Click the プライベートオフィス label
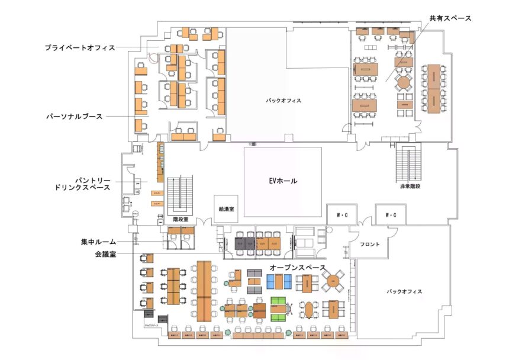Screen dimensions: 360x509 click(80, 48)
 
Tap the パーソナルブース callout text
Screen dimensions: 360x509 click(75, 117)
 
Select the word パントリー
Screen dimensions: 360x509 click(91, 179)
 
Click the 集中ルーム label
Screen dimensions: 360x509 click(98, 242)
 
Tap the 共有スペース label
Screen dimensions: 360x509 click(451, 18)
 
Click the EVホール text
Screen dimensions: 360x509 click(283, 181)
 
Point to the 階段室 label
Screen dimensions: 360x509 click(181, 219)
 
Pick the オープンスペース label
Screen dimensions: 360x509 click(298, 268)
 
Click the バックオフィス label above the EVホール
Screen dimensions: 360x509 click(284, 101)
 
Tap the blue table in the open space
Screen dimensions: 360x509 click(277, 284)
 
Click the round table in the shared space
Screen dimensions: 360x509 click(405, 82)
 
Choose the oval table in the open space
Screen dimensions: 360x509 click(309, 309)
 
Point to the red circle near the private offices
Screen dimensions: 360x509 click(154, 58)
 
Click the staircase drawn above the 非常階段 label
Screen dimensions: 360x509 click(409, 163)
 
